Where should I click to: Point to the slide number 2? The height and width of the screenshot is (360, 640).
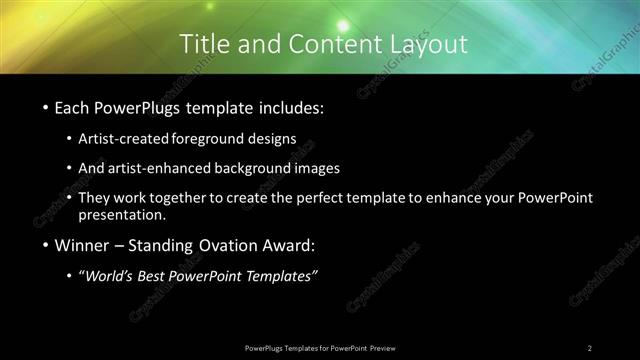(590, 348)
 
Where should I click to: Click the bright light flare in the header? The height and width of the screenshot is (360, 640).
(342, 24)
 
